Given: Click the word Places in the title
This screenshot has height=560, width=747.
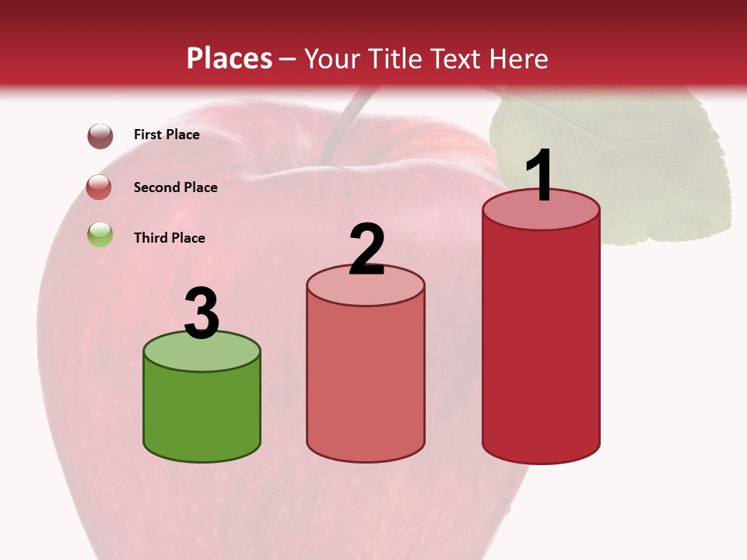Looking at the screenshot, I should [x=230, y=58].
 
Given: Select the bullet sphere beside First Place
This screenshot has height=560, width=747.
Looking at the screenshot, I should [x=100, y=135].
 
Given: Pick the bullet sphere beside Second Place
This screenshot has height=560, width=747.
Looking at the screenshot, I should [x=100, y=187].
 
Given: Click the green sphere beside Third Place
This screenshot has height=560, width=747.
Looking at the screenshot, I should [x=100, y=234].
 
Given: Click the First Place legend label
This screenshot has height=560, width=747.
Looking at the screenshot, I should [x=167, y=135].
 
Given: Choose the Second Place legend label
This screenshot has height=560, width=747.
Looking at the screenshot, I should [x=175, y=187].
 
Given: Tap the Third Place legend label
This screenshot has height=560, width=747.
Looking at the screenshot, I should [x=169, y=238].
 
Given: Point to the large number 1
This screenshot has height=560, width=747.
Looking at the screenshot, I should [x=540, y=176].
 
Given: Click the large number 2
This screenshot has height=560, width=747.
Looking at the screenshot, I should [x=366, y=250].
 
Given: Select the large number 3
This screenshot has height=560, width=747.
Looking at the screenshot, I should [x=202, y=313].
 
